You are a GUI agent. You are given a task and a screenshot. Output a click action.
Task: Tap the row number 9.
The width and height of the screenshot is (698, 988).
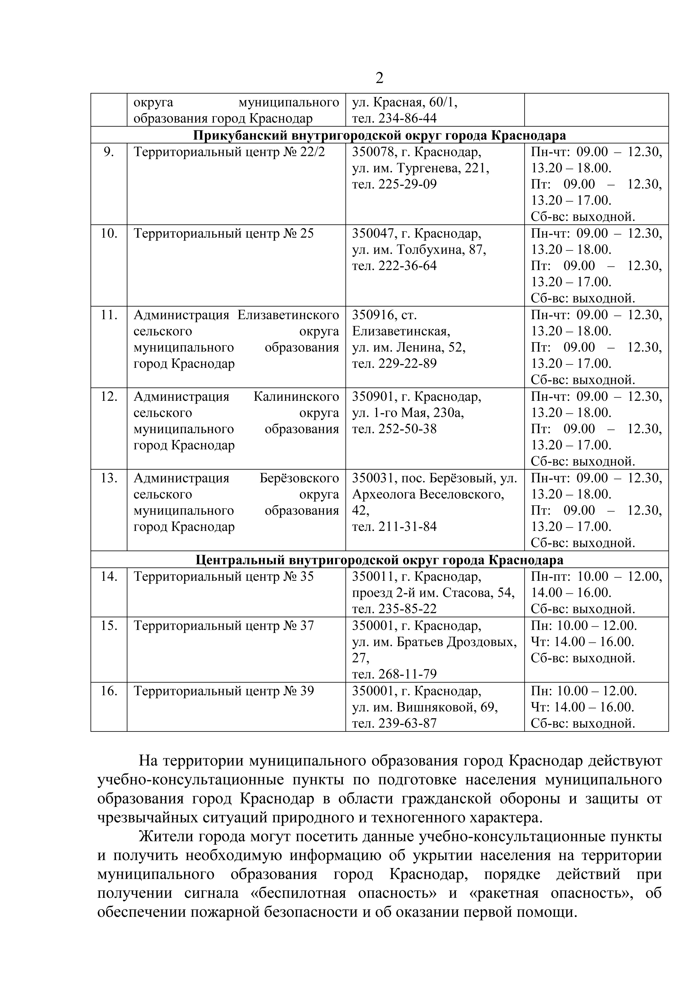pyautogui.click(x=109, y=152)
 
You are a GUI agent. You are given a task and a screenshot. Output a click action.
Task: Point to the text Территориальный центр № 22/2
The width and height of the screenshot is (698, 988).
pyautogui.click(x=229, y=152)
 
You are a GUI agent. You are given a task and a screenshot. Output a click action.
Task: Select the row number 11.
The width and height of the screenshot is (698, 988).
pyautogui.click(x=109, y=315)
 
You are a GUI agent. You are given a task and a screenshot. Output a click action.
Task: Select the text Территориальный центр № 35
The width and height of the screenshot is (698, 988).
pyautogui.click(x=224, y=577)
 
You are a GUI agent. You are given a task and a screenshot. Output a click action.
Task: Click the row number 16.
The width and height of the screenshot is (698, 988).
pyautogui.click(x=109, y=691)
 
